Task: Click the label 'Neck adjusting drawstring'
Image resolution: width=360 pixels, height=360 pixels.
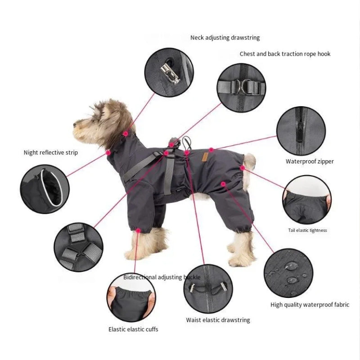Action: point(225,38)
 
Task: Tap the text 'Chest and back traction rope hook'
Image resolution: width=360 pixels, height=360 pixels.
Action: point(285,54)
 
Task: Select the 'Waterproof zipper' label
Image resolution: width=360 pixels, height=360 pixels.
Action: point(310,162)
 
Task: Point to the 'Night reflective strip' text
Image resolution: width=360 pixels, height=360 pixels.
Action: point(51,153)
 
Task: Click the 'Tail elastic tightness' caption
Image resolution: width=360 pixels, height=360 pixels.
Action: point(307,230)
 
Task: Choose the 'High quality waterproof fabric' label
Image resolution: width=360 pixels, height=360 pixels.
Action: point(310,305)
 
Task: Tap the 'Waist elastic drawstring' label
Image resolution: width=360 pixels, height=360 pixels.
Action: point(218,320)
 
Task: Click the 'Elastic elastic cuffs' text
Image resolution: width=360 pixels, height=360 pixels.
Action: point(133,329)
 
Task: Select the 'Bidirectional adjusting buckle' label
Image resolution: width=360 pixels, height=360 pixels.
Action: point(162,277)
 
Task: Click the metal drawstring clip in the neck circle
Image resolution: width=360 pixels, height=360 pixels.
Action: point(170,73)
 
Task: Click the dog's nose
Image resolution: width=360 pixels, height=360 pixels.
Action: point(75,125)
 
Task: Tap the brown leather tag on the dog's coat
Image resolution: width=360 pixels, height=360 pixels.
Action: point(205,157)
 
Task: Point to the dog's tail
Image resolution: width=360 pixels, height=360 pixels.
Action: point(249,162)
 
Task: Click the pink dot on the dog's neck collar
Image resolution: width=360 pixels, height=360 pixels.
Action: point(126,134)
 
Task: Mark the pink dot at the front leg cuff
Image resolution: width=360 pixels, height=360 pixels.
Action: point(138,230)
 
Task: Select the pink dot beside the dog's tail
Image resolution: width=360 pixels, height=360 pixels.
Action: point(243,168)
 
